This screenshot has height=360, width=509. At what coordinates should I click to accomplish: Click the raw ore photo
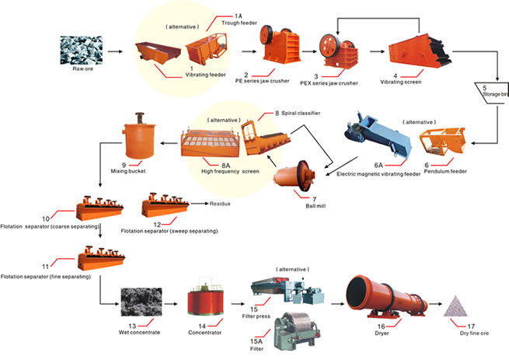pyautogui.click(x=81, y=51)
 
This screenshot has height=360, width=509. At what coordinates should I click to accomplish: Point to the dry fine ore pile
pyautogui.click(x=455, y=306)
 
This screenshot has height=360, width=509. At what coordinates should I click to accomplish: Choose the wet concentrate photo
pyautogui.click(x=141, y=302)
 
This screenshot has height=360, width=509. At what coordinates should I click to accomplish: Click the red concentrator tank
pyautogui.click(x=205, y=298)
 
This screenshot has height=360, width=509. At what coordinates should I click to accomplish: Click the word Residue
pyautogui.click(x=220, y=204)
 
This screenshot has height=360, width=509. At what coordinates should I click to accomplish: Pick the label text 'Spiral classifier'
pyautogui.click(x=301, y=113)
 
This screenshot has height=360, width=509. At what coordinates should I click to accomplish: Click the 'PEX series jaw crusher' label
pyautogui.click(x=329, y=83)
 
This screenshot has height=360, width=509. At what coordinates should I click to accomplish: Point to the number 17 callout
pyautogui.click(x=471, y=327)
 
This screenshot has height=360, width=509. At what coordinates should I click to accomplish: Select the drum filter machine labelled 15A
pyautogui.click(x=297, y=331)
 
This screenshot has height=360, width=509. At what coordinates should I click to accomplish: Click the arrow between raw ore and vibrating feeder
pyautogui.click(x=115, y=51)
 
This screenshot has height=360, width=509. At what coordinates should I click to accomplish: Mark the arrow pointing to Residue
pyautogui.click(x=199, y=204)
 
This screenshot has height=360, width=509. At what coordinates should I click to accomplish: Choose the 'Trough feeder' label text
pyautogui.click(x=239, y=23)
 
